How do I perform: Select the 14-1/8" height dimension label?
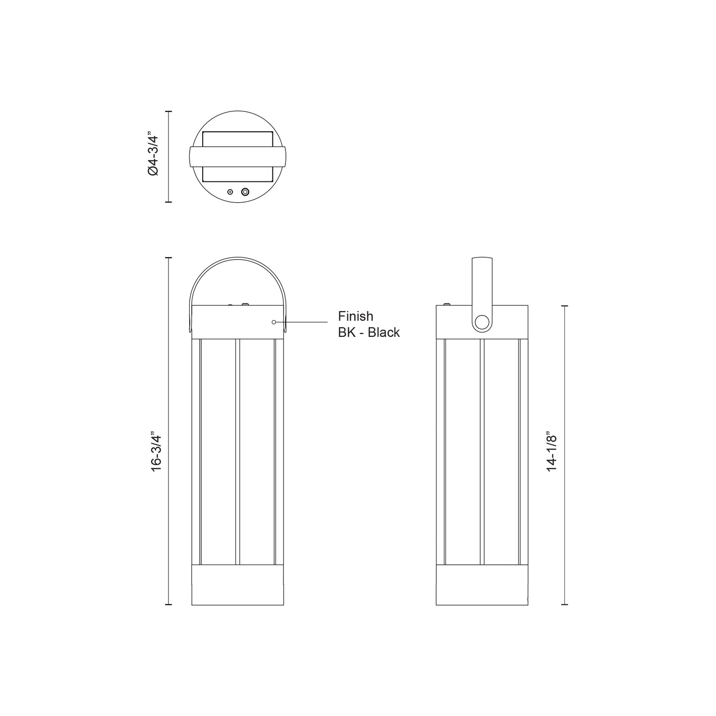point(552,452)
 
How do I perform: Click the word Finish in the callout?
point(355,316)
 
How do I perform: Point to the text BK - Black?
point(369,332)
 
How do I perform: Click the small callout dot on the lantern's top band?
point(274,322)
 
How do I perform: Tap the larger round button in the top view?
point(245,192)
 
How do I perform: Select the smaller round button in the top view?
point(230,192)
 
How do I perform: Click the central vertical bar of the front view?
point(237,451)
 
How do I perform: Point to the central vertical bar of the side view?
point(482,451)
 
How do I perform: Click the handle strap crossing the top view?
point(237,157)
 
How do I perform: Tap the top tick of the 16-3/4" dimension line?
point(168,258)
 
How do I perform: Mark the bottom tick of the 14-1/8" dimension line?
point(564,605)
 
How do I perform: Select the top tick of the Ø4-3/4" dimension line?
point(168,112)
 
